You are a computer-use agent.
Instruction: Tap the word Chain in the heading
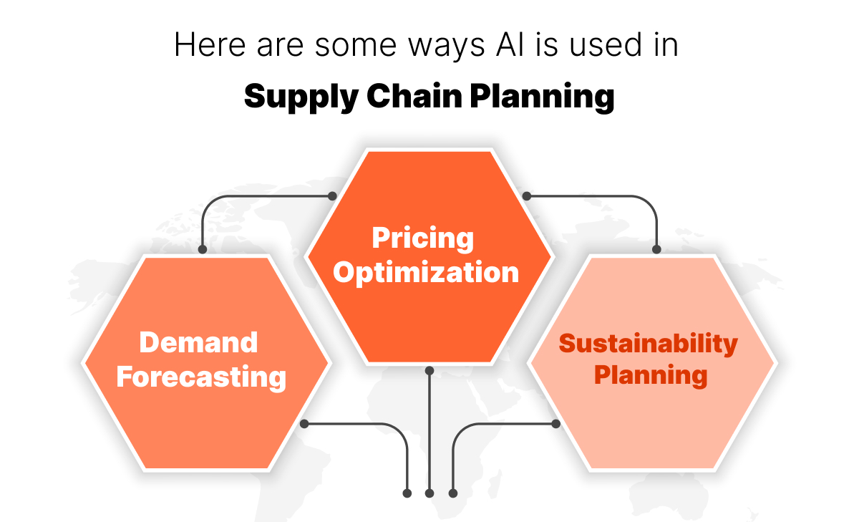(x=404, y=95)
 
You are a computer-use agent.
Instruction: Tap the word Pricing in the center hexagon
(x=423, y=238)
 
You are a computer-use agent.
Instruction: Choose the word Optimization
(x=427, y=273)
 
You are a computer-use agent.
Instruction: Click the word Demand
(x=199, y=342)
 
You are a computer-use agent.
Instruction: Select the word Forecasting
(x=202, y=377)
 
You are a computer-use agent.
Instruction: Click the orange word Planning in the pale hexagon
(x=651, y=374)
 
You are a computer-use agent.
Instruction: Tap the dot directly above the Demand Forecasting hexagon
(x=203, y=249)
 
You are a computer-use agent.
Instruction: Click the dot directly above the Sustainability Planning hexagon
(x=656, y=249)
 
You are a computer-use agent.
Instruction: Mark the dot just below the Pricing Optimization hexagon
(x=429, y=371)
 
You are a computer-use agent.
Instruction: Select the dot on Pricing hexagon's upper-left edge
(x=331, y=195)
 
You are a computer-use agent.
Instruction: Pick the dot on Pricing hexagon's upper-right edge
(x=527, y=195)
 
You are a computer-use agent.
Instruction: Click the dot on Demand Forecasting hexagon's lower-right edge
(x=304, y=424)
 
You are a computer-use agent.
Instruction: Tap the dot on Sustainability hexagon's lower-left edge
(x=555, y=424)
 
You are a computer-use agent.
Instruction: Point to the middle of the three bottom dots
(x=429, y=493)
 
